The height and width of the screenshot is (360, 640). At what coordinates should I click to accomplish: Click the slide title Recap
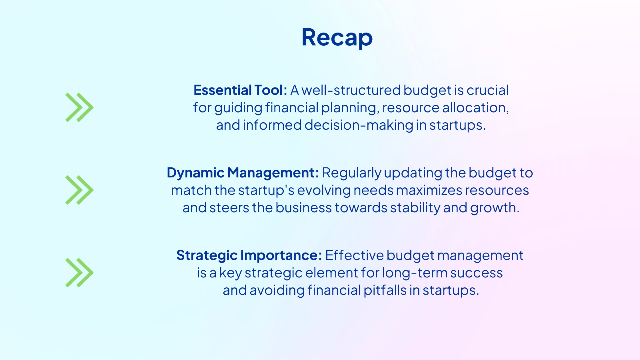tap(337, 37)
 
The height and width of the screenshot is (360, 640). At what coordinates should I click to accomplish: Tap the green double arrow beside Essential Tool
tap(79, 107)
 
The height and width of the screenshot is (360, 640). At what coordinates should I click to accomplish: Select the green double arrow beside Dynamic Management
tap(79, 190)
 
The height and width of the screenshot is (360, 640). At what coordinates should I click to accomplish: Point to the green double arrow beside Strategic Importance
tap(79, 273)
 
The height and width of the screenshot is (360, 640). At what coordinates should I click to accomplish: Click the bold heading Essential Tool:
tap(240, 90)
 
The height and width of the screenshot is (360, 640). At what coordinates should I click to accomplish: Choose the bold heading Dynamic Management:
tap(243, 173)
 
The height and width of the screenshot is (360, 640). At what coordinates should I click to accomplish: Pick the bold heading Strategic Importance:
tap(249, 255)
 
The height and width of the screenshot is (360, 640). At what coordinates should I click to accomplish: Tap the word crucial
tap(487, 90)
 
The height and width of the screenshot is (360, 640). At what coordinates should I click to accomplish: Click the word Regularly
tap(352, 173)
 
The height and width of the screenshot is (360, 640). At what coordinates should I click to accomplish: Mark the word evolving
tap(324, 190)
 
